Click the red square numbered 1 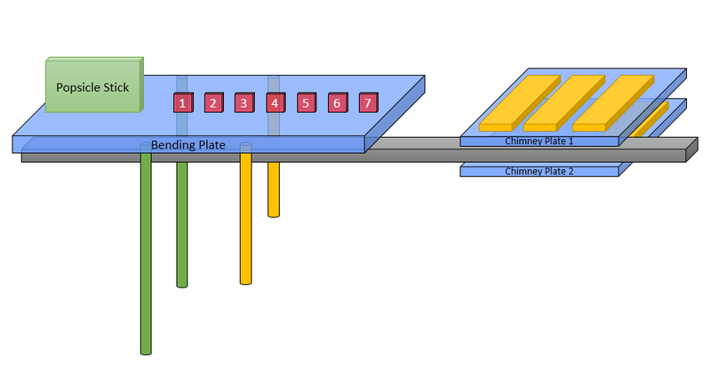tap(182, 103)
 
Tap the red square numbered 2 tap(212, 103)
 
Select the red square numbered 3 tap(244, 103)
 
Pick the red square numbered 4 tap(275, 103)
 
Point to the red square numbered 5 tap(305, 103)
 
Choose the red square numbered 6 tap(336, 103)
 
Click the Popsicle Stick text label tap(92, 87)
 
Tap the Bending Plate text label tap(188, 144)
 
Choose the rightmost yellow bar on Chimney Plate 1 tap(612, 102)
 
